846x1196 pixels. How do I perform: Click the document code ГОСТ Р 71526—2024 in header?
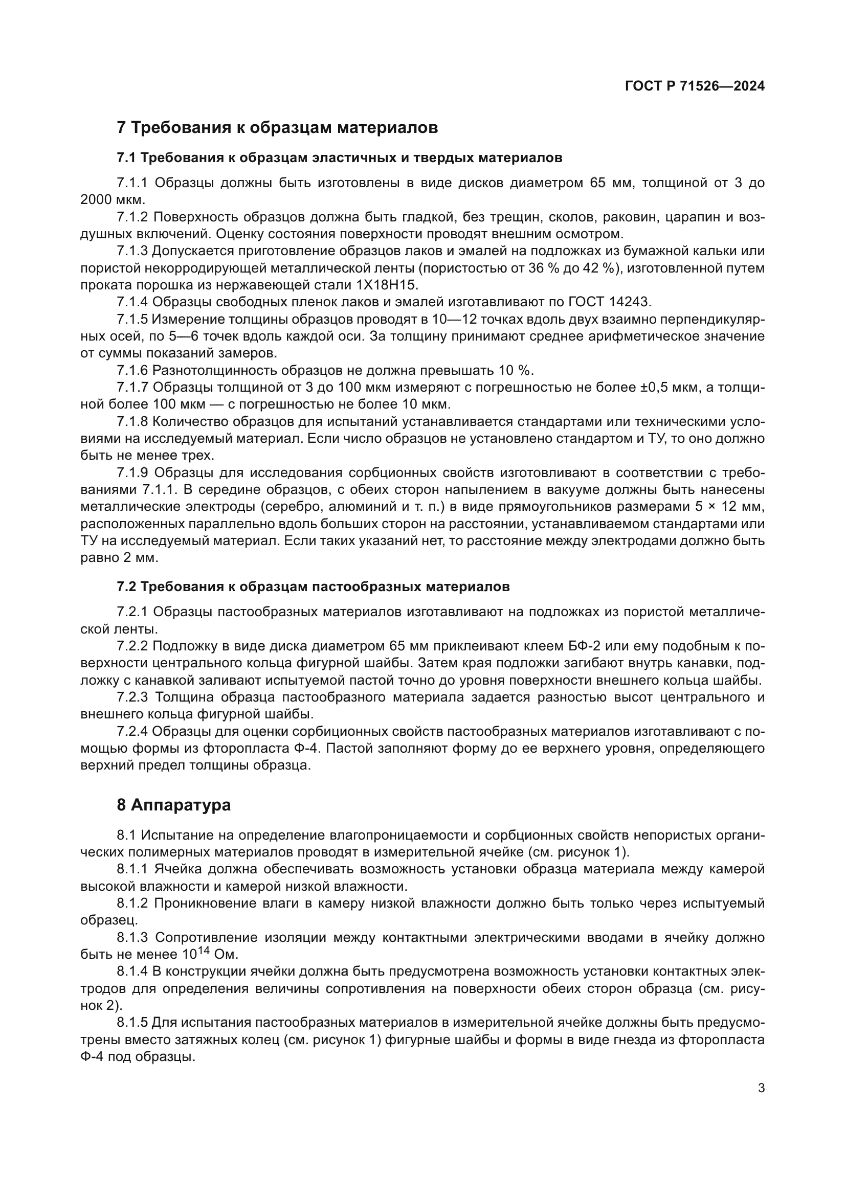(x=695, y=86)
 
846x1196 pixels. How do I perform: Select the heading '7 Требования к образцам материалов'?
(x=277, y=127)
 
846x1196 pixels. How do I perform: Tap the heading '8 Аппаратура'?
(x=173, y=805)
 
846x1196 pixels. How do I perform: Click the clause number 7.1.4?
(x=132, y=302)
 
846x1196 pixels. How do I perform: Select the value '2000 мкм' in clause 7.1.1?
(x=113, y=200)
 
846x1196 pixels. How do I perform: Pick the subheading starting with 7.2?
(x=313, y=587)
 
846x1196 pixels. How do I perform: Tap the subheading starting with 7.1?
(x=339, y=158)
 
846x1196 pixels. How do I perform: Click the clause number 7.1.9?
(x=133, y=473)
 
